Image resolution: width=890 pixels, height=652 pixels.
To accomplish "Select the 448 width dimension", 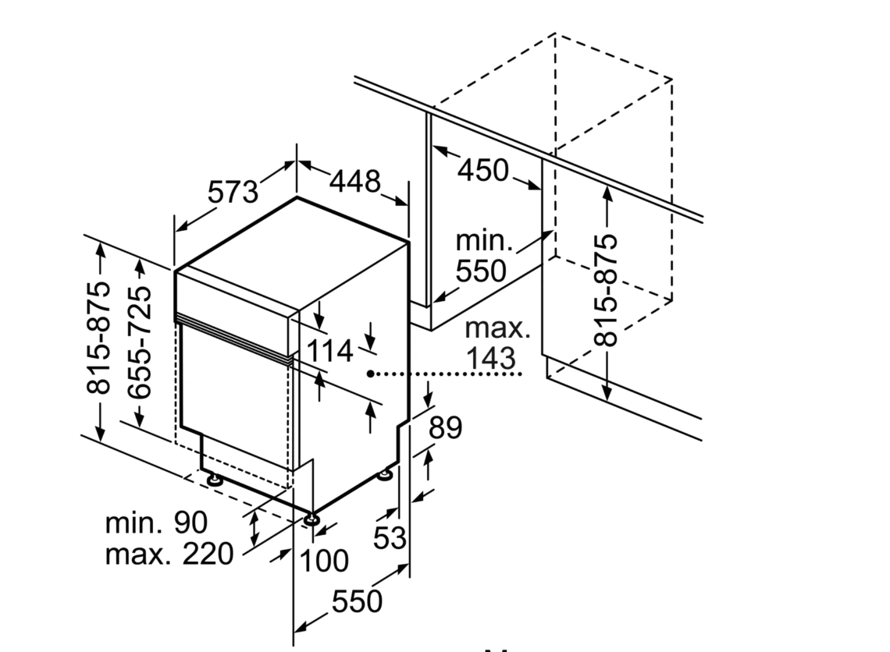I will click(354, 182).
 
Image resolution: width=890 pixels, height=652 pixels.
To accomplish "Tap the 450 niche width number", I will click(482, 169).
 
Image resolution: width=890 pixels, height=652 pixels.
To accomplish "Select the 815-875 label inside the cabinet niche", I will click(606, 289).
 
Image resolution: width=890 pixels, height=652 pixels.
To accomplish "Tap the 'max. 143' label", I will click(497, 343).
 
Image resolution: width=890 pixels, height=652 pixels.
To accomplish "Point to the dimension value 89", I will click(445, 427).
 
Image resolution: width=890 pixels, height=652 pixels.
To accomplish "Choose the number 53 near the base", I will click(390, 537).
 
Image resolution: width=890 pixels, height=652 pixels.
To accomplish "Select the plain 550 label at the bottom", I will click(358, 601).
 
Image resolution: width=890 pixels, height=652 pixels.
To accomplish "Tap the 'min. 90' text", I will click(155, 522).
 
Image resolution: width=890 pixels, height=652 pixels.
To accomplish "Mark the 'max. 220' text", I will click(169, 554).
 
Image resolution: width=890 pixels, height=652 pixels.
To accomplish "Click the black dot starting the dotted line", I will click(373, 374).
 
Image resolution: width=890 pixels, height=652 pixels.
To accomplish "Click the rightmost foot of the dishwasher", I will click(386, 473).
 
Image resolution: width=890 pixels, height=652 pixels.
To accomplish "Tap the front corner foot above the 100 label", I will click(312, 519).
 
